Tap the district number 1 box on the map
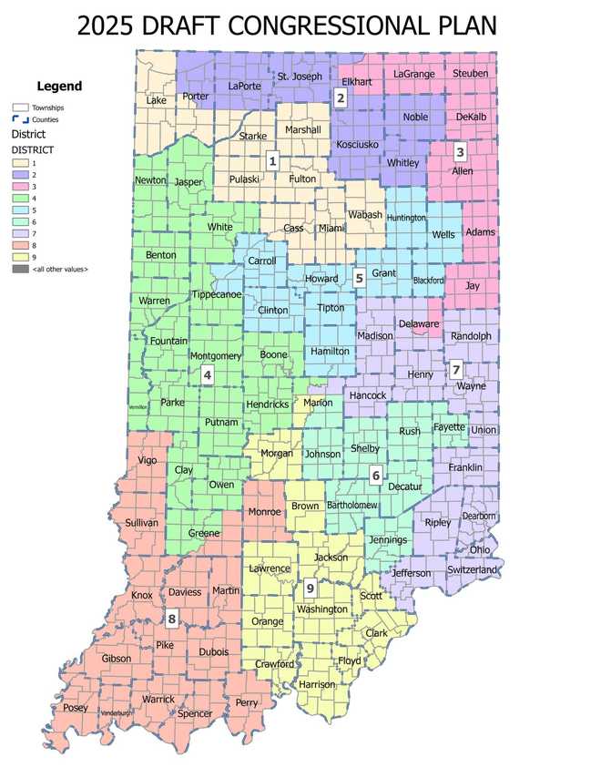coord(271,161)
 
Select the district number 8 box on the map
coord(171,619)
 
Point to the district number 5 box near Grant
coord(360,278)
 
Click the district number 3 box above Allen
coord(460,152)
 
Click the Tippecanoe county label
coord(216,294)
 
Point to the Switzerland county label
coord(472,569)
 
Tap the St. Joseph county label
coord(300,76)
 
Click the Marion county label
coord(318,402)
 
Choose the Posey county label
coord(76,708)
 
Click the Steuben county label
coord(470,73)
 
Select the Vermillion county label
coord(137,407)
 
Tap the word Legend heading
coord(59,87)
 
